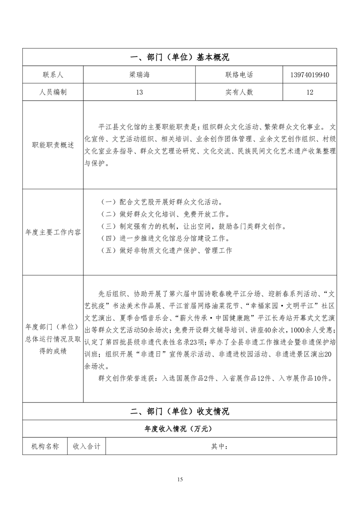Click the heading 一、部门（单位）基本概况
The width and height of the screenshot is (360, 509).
tap(180, 57)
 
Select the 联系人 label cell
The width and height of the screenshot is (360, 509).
tap(53, 75)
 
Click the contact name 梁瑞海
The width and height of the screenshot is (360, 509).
tap(139, 75)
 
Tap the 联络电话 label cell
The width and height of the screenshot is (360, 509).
tap(239, 75)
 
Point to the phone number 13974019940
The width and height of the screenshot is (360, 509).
tap(310, 75)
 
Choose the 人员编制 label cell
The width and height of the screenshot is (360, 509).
tap(53, 92)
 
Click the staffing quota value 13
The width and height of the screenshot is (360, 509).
tap(139, 92)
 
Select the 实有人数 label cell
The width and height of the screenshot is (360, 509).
tap(239, 92)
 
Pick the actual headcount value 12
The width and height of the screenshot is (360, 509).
tap(310, 92)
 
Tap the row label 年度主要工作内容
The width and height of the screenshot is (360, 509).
tap(53, 232)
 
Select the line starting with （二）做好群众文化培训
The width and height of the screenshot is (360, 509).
tap(164, 214)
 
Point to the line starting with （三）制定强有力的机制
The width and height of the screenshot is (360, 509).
tap(193, 226)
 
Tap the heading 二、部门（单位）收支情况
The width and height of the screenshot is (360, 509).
tap(180, 411)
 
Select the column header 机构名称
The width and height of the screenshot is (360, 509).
tap(45, 446)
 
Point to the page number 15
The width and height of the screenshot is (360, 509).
tap(180, 480)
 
